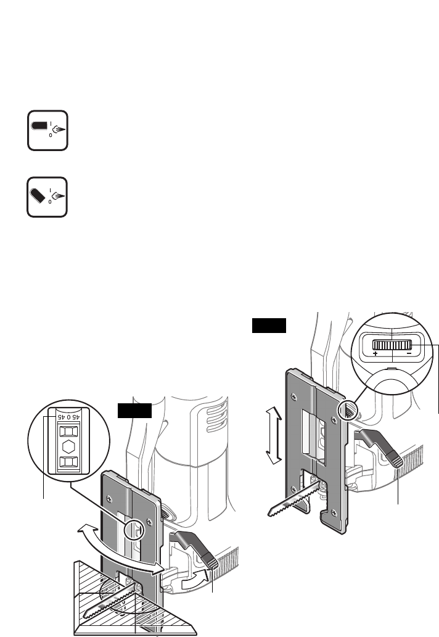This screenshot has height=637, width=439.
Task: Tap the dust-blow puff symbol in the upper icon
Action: point(59,130)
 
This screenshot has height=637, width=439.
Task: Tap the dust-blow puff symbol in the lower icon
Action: point(59,199)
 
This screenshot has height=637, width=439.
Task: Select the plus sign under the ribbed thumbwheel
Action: point(375,355)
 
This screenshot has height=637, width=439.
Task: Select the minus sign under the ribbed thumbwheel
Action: point(408,355)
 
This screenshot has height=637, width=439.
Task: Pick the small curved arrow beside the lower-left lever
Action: point(195,580)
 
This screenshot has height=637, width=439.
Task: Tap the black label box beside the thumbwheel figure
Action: point(269,325)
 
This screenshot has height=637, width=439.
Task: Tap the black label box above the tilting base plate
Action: point(134,410)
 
